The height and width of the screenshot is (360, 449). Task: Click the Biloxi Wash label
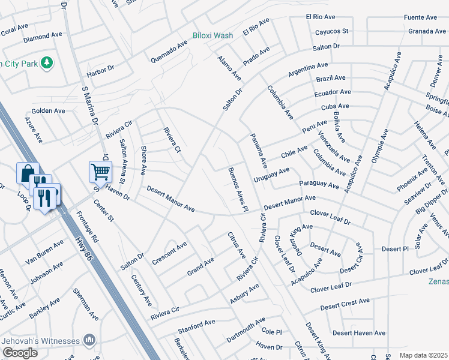click(212, 35)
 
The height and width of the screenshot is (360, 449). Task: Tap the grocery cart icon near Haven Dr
click(100, 172)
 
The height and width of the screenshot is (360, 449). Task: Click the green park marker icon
click(47, 62)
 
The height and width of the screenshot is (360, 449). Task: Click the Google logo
click(19, 352)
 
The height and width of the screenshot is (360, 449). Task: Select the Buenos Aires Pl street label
click(238, 190)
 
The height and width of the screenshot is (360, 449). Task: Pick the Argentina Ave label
click(308, 69)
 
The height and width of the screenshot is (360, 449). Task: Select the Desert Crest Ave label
click(345, 306)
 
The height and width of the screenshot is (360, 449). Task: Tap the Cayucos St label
click(327, 31)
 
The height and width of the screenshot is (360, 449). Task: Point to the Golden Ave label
click(48, 111)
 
